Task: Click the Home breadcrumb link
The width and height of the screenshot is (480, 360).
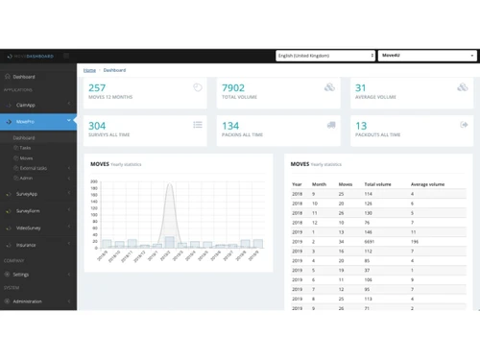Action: (x=89, y=70)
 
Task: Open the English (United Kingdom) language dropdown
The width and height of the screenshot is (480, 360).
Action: (x=324, y=56)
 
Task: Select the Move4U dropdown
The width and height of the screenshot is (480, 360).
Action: (x=426, y=56)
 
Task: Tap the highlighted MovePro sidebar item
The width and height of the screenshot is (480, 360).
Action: (x=26, y=122)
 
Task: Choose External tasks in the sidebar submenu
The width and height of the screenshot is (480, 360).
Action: (x=33, y=168)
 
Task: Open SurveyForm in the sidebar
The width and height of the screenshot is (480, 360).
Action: (x=28, y=210)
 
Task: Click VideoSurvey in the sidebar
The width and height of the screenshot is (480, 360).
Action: (x=29, y=228)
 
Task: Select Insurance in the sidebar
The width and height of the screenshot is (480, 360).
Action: (x=26, y=245)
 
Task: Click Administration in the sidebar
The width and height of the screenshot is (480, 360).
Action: (x=27, y=301)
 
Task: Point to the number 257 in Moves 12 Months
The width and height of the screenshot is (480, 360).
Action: (x=97, y=88)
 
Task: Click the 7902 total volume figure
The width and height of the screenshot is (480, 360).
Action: (x=233, y=88)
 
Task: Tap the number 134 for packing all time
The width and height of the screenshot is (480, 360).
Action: (x=230, y=126)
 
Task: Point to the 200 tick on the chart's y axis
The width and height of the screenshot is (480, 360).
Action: (x=94, y=180)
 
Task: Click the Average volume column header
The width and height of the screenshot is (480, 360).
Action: (x=427, y=183)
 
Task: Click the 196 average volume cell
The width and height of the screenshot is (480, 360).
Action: (x=415, y=241)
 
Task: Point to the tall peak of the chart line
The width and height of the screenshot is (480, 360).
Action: (x=169, y=186)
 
